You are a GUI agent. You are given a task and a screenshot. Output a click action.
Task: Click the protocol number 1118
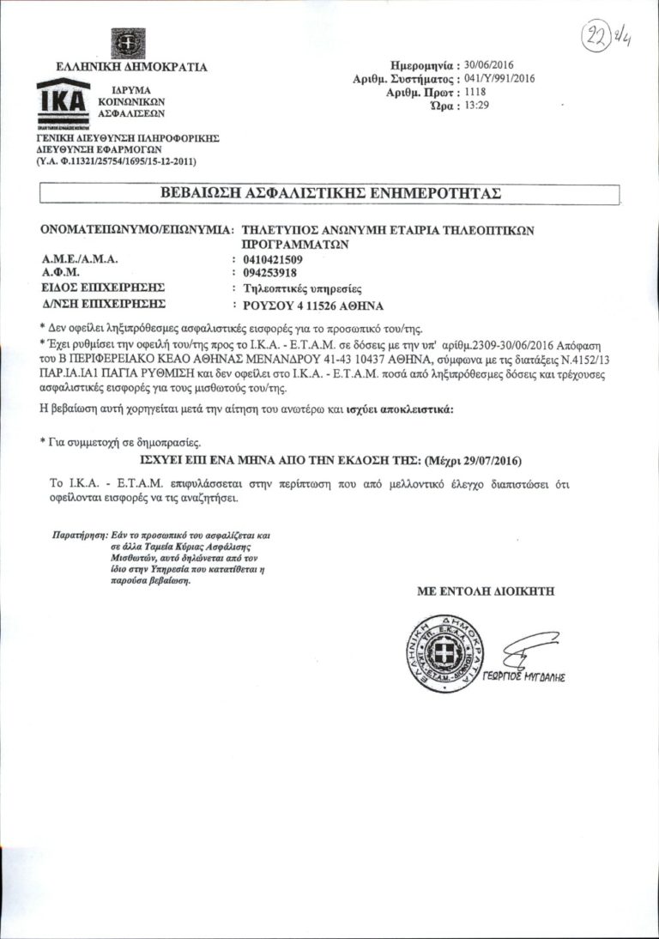[473, 91]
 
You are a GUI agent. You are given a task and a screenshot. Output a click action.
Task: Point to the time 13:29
[475, 105]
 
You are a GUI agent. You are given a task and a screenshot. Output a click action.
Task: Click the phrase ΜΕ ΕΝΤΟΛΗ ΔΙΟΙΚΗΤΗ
[486, 591]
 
